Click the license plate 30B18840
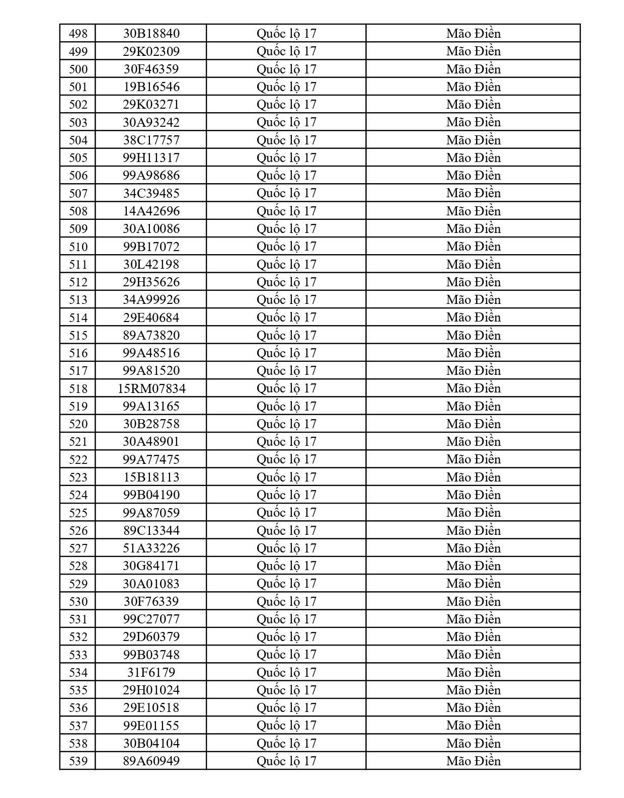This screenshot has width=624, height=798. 151,34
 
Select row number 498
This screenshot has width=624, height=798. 78,34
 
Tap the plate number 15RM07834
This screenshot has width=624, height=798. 151,388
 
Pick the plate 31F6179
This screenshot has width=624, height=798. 151,672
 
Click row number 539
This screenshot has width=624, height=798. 78,761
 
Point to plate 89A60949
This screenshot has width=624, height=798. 151,761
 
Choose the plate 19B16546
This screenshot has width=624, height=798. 151,87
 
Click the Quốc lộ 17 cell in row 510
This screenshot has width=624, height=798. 286,247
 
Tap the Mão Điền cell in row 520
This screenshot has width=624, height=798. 473,424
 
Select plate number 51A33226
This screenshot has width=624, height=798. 151,548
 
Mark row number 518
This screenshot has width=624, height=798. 78,388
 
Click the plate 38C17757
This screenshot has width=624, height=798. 151,140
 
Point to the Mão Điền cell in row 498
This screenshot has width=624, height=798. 473,34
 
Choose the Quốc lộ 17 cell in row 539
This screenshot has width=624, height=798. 286,761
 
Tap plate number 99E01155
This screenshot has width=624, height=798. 151,726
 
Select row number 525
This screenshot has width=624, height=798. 78,513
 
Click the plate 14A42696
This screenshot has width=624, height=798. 151,211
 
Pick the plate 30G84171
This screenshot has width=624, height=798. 151,566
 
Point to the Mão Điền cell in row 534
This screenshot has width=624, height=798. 473,672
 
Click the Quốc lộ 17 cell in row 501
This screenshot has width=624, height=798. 286,87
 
